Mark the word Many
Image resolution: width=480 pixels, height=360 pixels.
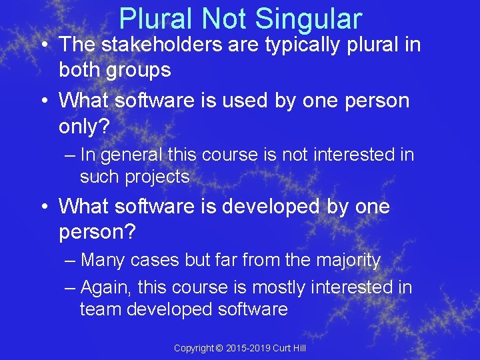(x=102, y=260)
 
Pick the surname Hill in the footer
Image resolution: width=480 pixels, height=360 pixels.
(x=298, y=349)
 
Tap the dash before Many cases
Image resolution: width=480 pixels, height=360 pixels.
(x=71, y=261)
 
